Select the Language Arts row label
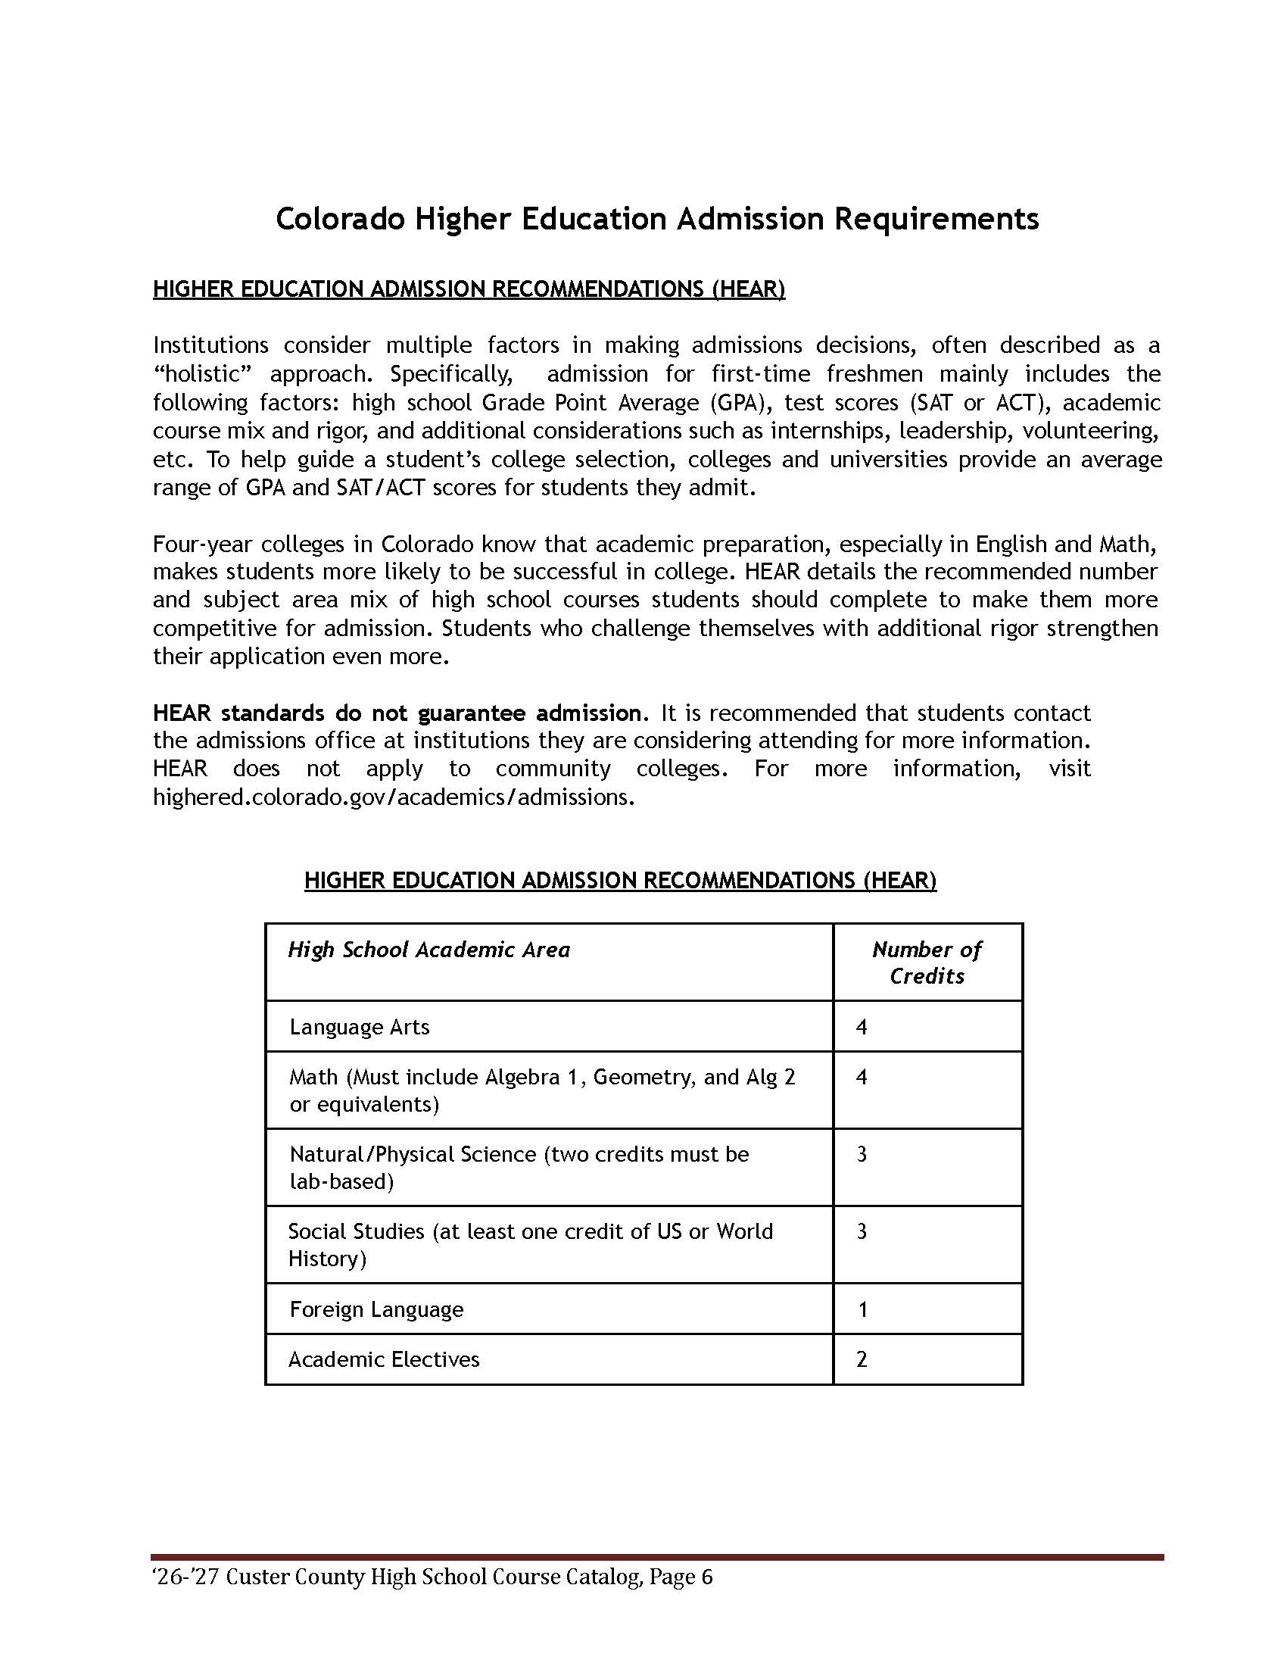359,1027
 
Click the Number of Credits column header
927,962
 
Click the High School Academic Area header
428,950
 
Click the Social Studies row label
356,1231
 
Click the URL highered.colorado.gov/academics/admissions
394,797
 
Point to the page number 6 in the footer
706,1577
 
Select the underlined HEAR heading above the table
620,880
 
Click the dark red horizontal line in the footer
656,1557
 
